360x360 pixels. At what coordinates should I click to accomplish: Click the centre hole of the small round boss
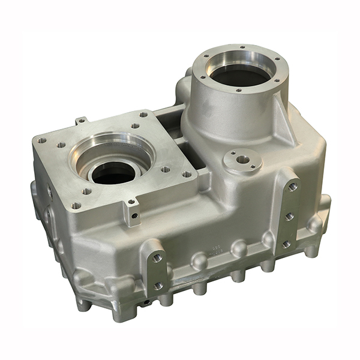coord(242,160)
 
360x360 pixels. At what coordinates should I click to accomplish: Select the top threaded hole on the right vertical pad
coord(292,187)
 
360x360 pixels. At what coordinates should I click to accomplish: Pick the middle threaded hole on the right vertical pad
coord(290,216)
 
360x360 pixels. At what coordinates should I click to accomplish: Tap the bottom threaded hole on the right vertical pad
coord(287,244)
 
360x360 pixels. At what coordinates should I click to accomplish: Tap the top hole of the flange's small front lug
coord(130,203)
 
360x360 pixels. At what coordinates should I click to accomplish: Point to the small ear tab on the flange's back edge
coord(80,121)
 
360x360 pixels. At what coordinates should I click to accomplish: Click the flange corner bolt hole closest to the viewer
coord(77,205)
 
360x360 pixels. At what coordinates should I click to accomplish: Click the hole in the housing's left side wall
coord(49,192)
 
